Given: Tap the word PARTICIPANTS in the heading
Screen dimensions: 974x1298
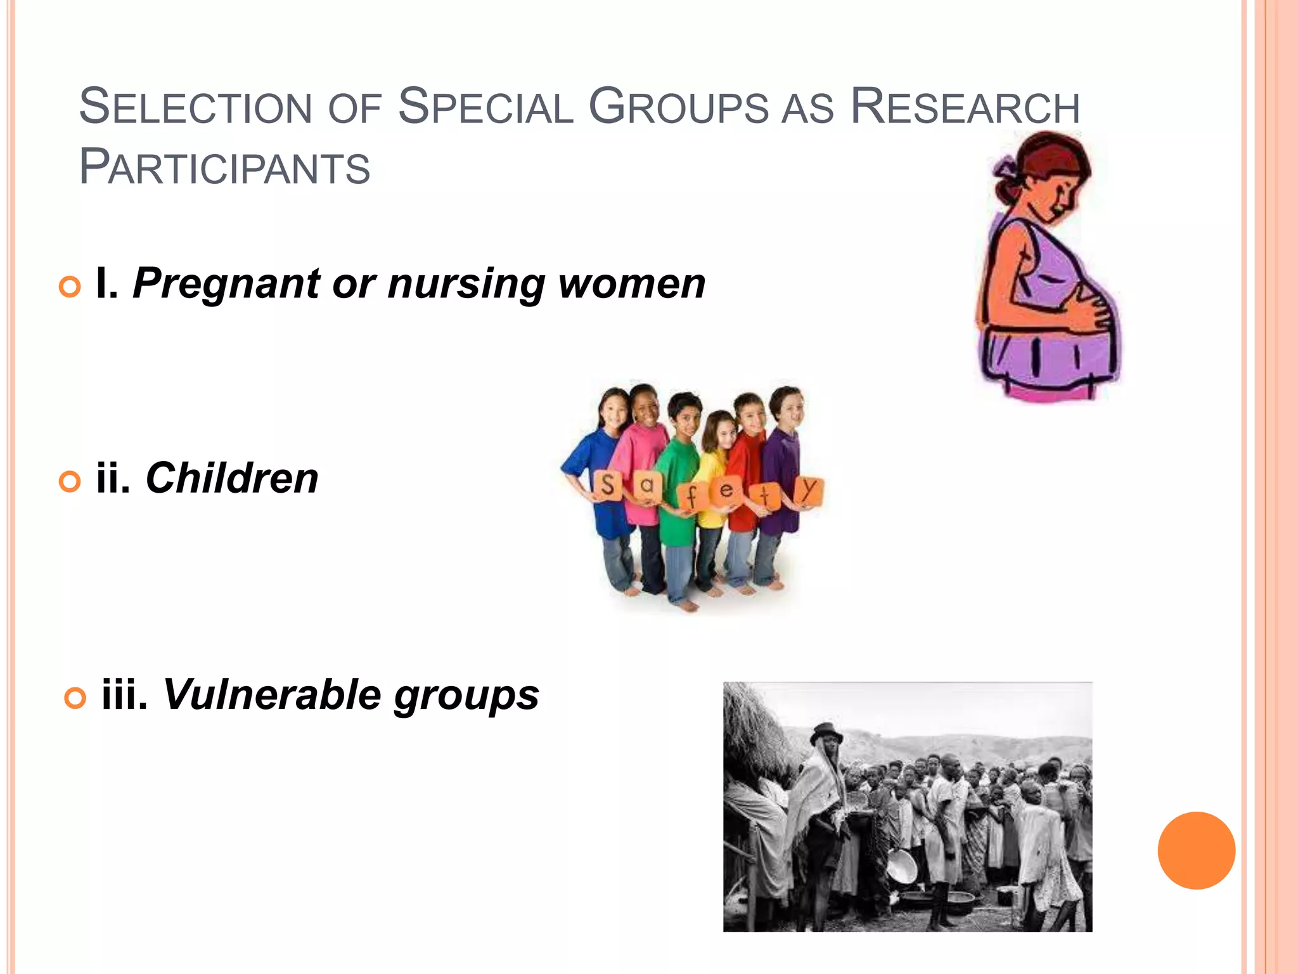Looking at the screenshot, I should [224, 167].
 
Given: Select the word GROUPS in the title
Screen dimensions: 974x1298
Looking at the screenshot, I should [678, 107].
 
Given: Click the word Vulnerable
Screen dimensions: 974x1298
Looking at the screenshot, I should [272, 695].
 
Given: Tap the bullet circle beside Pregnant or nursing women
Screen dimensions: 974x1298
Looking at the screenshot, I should [70, 287].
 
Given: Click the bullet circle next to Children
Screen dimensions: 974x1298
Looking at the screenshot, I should [70, 481].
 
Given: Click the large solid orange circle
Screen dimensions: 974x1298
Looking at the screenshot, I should [1196, 850].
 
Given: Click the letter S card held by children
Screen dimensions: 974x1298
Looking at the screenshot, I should [607, 485].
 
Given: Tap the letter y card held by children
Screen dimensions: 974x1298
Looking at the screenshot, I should [808, 490].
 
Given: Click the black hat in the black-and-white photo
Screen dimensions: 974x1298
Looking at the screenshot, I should [826, 733].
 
